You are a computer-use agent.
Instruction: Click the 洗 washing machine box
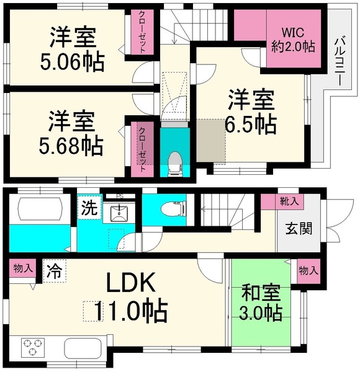(88, 208)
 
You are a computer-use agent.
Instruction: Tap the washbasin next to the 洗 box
(120, 213)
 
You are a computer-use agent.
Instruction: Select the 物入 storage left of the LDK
(21, 270)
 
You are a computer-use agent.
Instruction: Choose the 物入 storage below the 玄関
(308, 270)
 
